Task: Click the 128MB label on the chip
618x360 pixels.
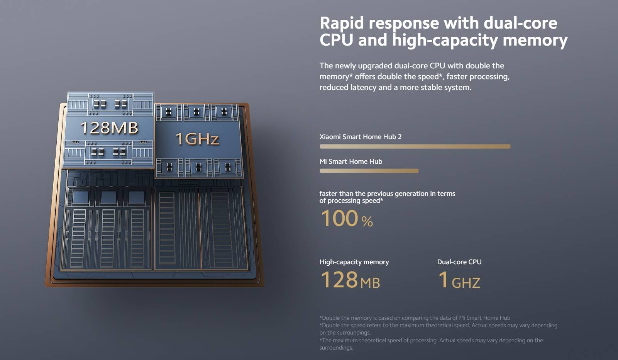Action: pyautogui.click(x=109, y=128)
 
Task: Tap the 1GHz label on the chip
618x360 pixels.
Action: pyautogui.click(x=197, y=139)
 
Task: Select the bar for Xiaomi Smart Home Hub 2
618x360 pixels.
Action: pyautogui.click(x=415, y=147)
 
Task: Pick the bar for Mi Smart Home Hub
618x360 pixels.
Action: pyautogui.click(x=369, y=171)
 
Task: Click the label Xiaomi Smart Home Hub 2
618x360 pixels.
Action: pyautogui.click(x=360, y=137)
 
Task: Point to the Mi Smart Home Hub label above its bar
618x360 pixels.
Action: pyautogui.click(x=350, y=161)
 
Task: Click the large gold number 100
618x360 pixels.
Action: pyautogui.click(x=339, y=218)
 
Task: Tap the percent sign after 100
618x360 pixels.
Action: pyautogui.click(x=367, y=221)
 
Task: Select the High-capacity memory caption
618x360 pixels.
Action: pyautogui.click(x=354, y=262)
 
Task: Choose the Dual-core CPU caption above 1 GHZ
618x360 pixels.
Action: pyautogui.click(x=459, y=262)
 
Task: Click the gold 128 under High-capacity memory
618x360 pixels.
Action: pyautogui.click(x=339, y=280)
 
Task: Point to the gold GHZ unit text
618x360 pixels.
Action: pyautogui.click(x=466, y=283)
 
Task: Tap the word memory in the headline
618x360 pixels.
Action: pyautogui.click(x=535, y=41)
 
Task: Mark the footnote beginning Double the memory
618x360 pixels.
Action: pyautogui.click(x=415, y=318)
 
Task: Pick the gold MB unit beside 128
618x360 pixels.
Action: pyautogui.click(x=370, y=283)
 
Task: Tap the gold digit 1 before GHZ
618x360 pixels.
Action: pyautogui.click(x=444, y=280)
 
